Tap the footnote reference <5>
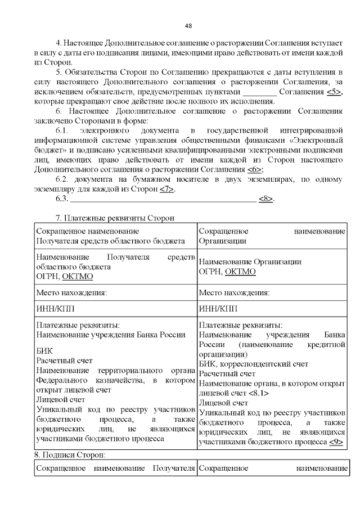pyautogui.click(x=333, y=92)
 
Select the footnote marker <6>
pyautogui.click(x=255, y=169)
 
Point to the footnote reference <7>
pyautogui.click(x=166, y=189)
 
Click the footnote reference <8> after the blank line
pyautogui.click(x=266, y=199)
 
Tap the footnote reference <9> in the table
pyautogui.click(x=336, y=442)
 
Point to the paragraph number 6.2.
pyautogui.click(x=63, y=179)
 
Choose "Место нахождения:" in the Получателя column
pyautogui.click(x=71, y=293)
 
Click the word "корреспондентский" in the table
pyautogui.click(x=272, y=364)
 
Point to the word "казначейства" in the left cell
pyautogui.click(x=92, y=382)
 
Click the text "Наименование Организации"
pyautogui.click(x=250, y=262)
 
